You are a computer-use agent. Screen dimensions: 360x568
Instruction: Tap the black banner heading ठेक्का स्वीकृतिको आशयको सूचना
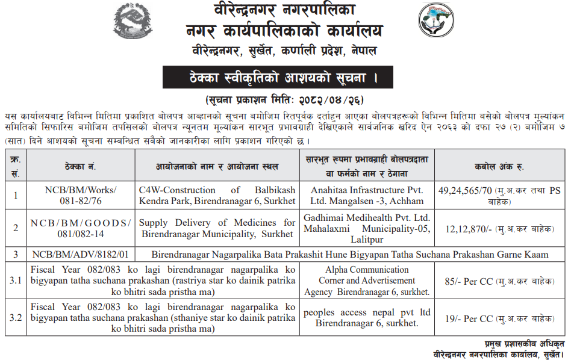[278, 78]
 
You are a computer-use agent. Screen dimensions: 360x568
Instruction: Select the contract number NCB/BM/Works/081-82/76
[81, 195]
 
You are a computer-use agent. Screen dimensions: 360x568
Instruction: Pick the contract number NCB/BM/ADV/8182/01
[81, 254]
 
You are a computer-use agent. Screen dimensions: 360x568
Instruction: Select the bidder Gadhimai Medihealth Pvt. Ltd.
[367, 217]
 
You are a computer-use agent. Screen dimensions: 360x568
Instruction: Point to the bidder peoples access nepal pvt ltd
[367, 312]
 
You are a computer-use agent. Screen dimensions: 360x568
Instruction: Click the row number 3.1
[16, 280]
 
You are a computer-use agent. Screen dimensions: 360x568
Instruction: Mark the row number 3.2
[16, 318]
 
